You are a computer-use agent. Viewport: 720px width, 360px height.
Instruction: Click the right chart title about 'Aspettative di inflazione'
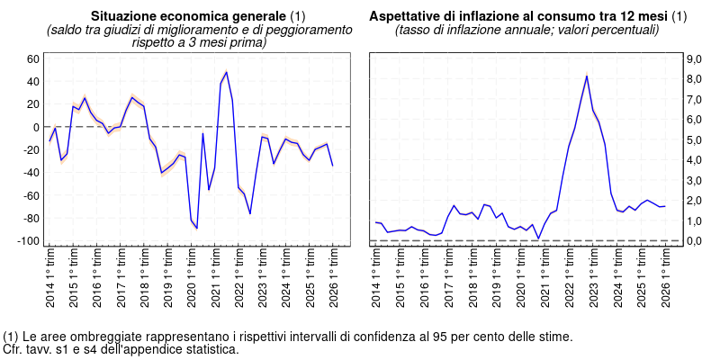pos(518,17)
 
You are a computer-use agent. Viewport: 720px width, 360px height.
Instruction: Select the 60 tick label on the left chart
pos(33,58)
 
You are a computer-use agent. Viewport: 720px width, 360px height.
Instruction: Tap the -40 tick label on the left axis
pos(30,173)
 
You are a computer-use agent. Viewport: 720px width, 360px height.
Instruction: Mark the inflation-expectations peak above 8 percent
pos(587,76)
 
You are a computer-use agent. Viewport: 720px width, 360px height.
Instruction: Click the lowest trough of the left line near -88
pos(197,228)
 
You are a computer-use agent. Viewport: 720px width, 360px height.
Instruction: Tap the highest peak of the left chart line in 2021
pos(226,72)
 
